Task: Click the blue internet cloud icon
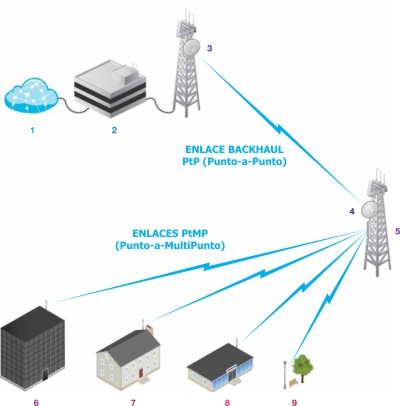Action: pos(31,96)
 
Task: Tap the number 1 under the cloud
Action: pos(32,130)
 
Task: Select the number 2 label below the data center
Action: pos(114,130)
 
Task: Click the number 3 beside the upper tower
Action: pos(209,48)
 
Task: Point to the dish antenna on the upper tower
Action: pos(191,47)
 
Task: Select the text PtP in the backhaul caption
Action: pos(191,162)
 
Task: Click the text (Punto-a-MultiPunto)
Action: pos(170,246)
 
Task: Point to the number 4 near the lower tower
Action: pos(352,211)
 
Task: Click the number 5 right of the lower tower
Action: pos(397,231)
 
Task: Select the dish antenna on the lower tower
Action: pos(369,209)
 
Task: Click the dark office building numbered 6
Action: pos(33,348)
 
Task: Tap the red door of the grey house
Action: pos(141,373)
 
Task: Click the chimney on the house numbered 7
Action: pos(150,330)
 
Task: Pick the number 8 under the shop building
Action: pos(227,402)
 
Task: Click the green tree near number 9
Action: pos(303,368)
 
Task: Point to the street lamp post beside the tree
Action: pos(285,375)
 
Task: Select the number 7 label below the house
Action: pos(133,402)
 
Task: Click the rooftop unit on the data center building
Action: pos(125,73)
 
